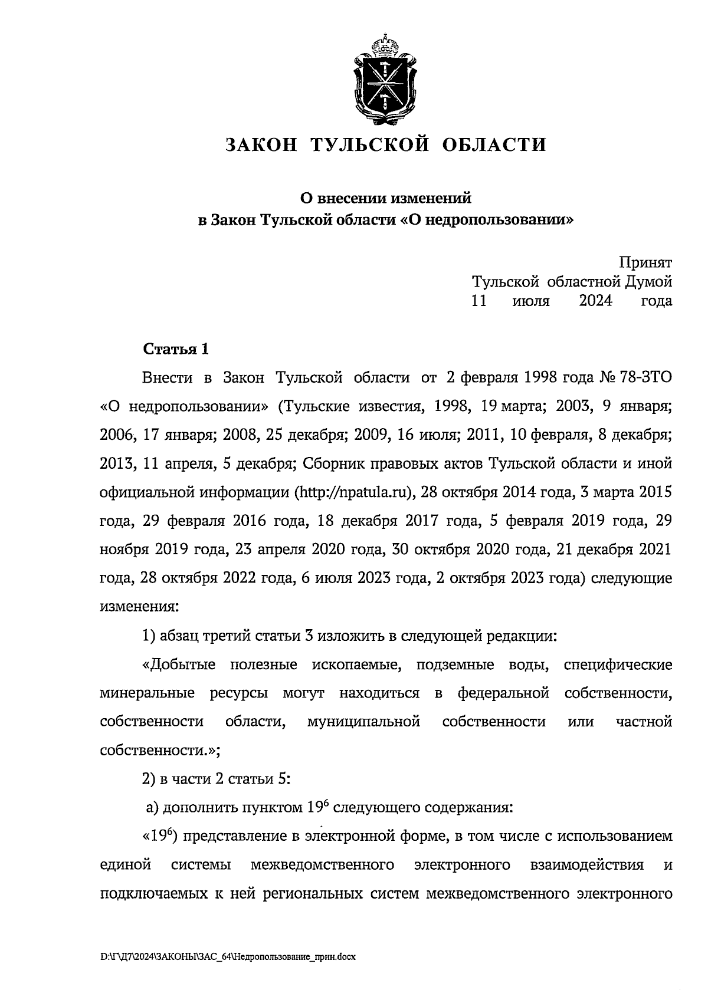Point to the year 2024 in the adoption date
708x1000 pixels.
595,301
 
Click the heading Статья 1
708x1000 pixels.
176,349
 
